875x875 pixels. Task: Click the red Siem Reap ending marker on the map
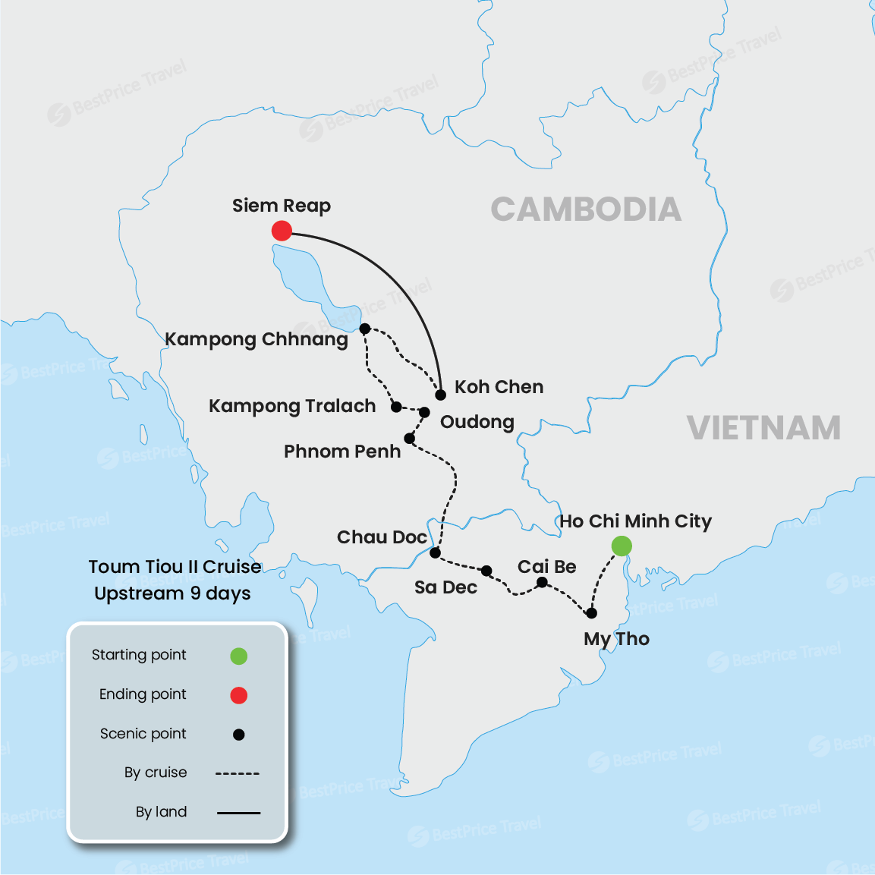(282, 231)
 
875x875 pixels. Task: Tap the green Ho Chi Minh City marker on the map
(622, 546)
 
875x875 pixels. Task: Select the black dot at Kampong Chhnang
(365, 329)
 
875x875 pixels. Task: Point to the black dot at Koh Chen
(440, 395)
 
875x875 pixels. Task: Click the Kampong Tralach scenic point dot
(396, 407)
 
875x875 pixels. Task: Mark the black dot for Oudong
(424, 412)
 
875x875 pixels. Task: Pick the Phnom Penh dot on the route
(409, 438)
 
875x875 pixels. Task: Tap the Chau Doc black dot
(435, 552)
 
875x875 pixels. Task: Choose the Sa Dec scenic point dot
(486, 571)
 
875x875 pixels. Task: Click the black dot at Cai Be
(542, 583)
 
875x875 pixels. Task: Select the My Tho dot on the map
(591, 613)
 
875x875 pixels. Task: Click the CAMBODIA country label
(586, 209)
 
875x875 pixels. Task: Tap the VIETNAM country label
(764, 428)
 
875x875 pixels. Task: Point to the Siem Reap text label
(282, 206)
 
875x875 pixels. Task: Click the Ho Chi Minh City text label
(636, 521)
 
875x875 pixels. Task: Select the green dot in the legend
(239, 656)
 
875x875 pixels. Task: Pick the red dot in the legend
(239, 695)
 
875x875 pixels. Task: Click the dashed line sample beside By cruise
(238, 773)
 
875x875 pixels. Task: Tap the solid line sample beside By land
(238, 813)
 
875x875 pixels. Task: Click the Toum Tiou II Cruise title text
(175, 567)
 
